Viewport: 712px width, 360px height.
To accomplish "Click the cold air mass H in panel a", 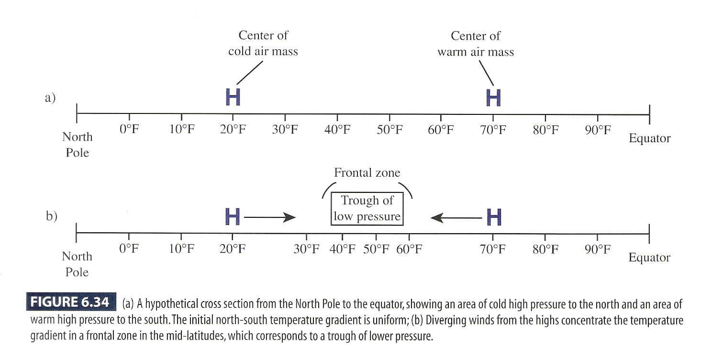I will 233,98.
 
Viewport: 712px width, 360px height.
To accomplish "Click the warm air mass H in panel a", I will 493,98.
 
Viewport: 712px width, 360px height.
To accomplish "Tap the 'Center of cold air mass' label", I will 263,43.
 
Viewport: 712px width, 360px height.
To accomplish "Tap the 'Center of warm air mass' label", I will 475,43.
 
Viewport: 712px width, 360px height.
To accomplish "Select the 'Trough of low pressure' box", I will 367,208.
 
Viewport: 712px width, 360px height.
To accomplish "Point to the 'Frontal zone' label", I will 367,173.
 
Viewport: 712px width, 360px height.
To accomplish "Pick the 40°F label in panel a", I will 337,130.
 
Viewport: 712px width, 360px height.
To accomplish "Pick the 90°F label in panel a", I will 598,130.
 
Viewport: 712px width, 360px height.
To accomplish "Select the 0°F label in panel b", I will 129,249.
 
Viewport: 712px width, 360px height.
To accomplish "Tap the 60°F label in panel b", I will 409,249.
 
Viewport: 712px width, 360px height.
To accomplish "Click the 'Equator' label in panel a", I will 649,139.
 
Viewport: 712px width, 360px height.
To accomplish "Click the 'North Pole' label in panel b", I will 77,264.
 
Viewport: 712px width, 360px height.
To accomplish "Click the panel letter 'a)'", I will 50,98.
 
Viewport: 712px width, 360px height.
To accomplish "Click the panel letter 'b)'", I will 51,216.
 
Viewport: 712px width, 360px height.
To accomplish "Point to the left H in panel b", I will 233,217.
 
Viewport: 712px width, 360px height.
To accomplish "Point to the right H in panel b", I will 494,217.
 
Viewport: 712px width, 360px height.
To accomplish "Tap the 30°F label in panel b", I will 306,249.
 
